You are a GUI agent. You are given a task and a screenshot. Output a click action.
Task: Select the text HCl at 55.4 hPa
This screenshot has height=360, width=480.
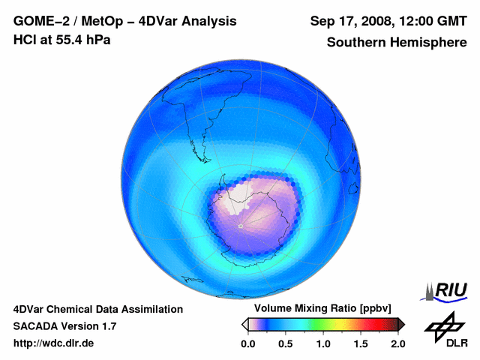[x=61, y=40]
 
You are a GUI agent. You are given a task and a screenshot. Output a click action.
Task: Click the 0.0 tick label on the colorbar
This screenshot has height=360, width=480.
[x=247, y=343]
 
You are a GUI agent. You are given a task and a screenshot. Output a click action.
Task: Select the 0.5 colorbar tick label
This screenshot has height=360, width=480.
[x=286, y=343]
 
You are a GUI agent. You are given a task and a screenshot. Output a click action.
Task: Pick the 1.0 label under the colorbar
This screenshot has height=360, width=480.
[x=323, y=343]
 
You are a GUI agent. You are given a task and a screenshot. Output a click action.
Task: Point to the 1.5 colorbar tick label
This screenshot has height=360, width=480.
[x=361, y=343]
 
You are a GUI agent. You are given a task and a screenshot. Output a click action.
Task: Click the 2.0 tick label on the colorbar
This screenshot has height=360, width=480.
[x=398, y=343]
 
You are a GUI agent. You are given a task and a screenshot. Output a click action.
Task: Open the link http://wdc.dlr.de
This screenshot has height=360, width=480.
[x=54, y=343]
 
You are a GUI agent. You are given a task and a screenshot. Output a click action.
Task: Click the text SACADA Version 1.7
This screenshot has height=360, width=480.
[x=64, y=326]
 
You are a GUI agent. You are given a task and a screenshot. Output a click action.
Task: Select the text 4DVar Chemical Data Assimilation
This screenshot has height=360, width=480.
[x=98, y=309]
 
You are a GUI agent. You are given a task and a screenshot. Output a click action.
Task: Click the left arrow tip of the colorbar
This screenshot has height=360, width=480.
[x=244, y=323]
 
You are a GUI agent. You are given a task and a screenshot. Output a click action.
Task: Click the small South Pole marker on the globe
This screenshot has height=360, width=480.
[x=240, y=226]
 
